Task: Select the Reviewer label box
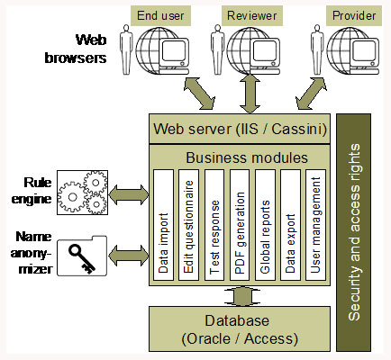click(251, 15)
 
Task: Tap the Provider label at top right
click(352, 15)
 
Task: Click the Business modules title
click(237, 157)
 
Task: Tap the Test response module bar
click(214, 225)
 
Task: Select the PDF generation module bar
click(239, 225)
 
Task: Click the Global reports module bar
click(264, 225)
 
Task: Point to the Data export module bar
click(289, 225)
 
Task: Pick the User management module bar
click(314, 225)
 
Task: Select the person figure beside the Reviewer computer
click(216, 51)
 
